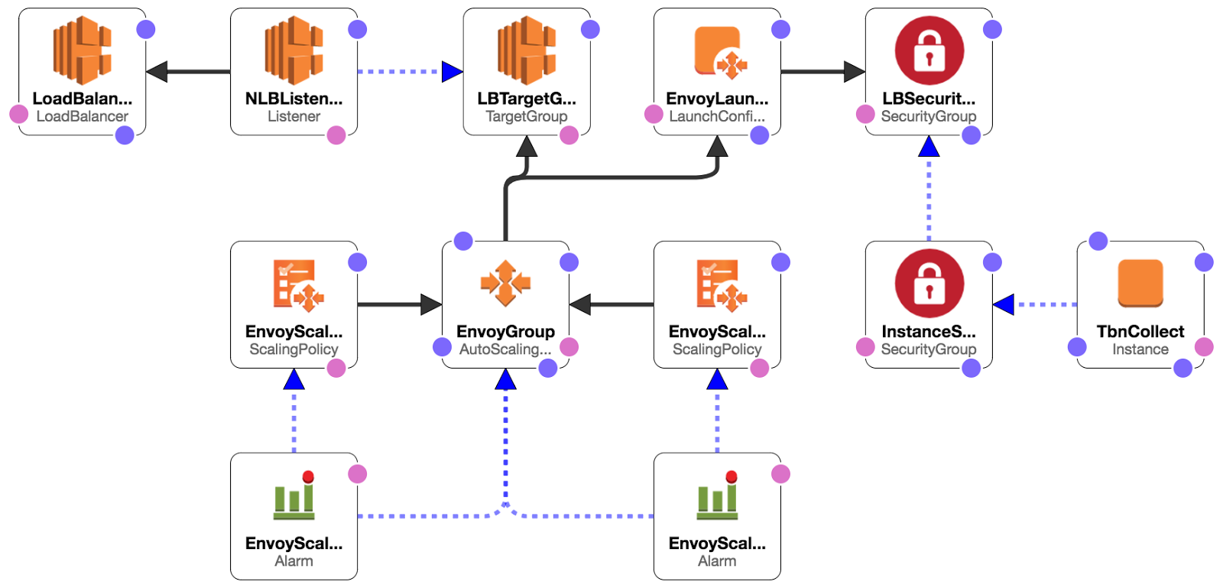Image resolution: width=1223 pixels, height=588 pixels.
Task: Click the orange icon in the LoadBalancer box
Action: click(83, 50)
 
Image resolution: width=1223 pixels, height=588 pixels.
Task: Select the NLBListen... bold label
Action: click(294, 99)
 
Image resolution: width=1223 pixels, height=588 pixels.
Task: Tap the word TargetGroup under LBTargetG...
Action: click(527, 116)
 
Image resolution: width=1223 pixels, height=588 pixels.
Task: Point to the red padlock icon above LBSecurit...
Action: click(929, 50)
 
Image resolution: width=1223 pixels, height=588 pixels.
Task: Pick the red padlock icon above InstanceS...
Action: click(929, 284)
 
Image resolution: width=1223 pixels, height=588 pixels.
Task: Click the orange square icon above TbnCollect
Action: click(1140, 284)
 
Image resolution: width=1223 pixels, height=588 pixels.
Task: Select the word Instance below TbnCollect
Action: click(1140, 349)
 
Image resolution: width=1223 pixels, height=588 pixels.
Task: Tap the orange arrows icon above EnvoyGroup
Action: click(505, 284)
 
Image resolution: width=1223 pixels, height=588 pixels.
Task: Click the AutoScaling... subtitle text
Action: click(505, 349)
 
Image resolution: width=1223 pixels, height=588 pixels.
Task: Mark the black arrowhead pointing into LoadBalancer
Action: click(157, 72)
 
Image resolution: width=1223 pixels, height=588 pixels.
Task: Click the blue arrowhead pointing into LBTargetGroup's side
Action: click(452, 72)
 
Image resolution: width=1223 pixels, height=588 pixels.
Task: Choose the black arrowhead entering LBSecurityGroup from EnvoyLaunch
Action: click(855, 72)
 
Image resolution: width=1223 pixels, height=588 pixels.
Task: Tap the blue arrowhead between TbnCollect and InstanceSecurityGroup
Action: click(1004, 304)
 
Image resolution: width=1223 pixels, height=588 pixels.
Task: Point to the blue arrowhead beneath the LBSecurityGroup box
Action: click(929, 146)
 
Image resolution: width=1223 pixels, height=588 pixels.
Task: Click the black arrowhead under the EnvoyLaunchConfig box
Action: click(717, 146)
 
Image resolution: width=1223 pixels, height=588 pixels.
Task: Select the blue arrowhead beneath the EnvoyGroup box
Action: click(505, 379)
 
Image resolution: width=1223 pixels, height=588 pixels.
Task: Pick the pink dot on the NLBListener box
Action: click(336, 135)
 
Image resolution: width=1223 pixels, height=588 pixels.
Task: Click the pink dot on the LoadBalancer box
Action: click(19, 114)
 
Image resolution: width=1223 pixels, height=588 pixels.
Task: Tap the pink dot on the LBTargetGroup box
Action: click(569, 135)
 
